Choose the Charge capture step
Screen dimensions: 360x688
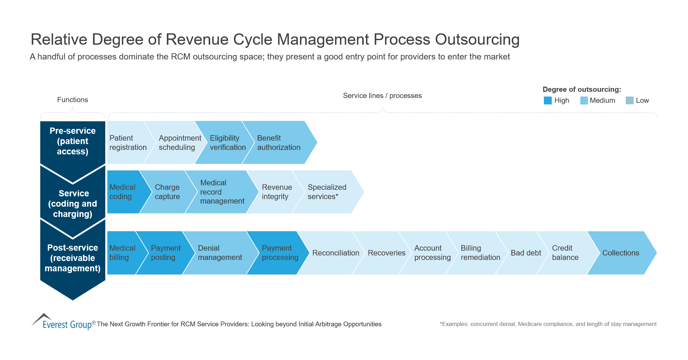pyautogui.click(x=167, y=192)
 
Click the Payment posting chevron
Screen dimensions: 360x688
pyautogui.click(x=165, y=253)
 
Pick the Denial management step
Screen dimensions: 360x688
pyautogui.click(x=220, y=253)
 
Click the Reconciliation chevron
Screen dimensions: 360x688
pyautogui.click(x=335, y=253)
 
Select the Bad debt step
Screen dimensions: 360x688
pyautogui.click(x=526, y=253)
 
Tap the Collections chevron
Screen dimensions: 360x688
pyautogui.click(x=621, y=253)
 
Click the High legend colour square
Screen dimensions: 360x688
pyautogui.click(x=548, y=100)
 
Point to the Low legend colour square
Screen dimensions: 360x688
pyautogui.click(x=630, y=100)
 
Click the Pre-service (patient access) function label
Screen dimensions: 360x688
pyautogui.click(x=73, y=141)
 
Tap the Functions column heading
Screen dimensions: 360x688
pyautogui.click(x=73, y=100)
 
